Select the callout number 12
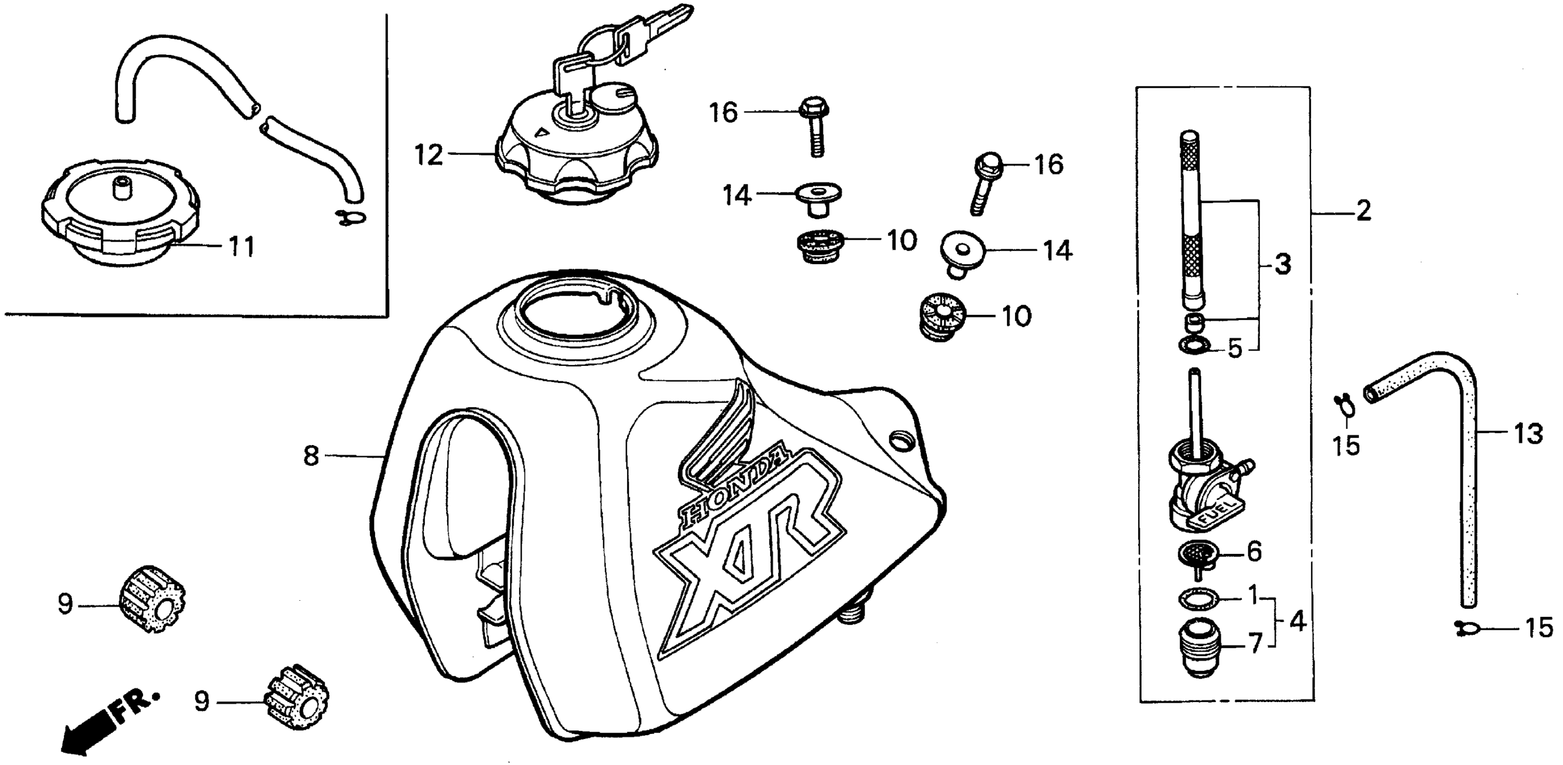click(429, 155)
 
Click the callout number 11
click(241, 247)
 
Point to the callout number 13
click(1528, 434)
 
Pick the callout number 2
click(1363, 211)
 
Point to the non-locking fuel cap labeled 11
click(118, 216)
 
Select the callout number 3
click(1282, 265)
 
